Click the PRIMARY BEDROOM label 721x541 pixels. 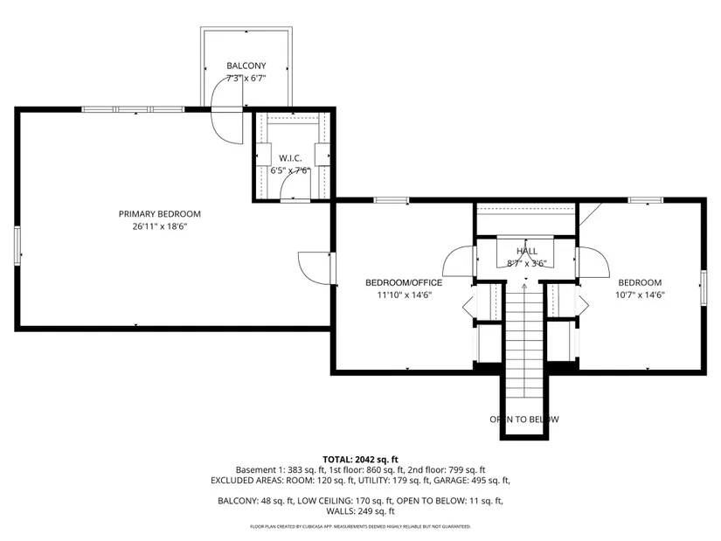tap(160, 214)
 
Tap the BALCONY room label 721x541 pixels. tap(246, 66)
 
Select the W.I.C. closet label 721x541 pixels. tap(290, 158)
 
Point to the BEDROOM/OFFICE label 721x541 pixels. tap(404, 282)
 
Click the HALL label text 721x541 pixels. tap(526, 251)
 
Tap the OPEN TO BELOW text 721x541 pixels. tap(524, 420)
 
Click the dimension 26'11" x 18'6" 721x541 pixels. tap(160, 226)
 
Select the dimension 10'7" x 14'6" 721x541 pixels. tap(640, 295)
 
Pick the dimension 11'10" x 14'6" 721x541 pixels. tap(404, 295)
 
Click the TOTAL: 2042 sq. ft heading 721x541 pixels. tap(360, 459)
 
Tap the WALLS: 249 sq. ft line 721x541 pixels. tap(360, 511)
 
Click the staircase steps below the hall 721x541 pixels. tap(524, 341)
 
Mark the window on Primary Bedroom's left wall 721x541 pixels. tap(17, 246)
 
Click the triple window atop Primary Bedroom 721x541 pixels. tap(133, 109)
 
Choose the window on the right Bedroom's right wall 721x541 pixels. tap(704, 288)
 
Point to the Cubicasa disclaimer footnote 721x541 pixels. tap(360, 526)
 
